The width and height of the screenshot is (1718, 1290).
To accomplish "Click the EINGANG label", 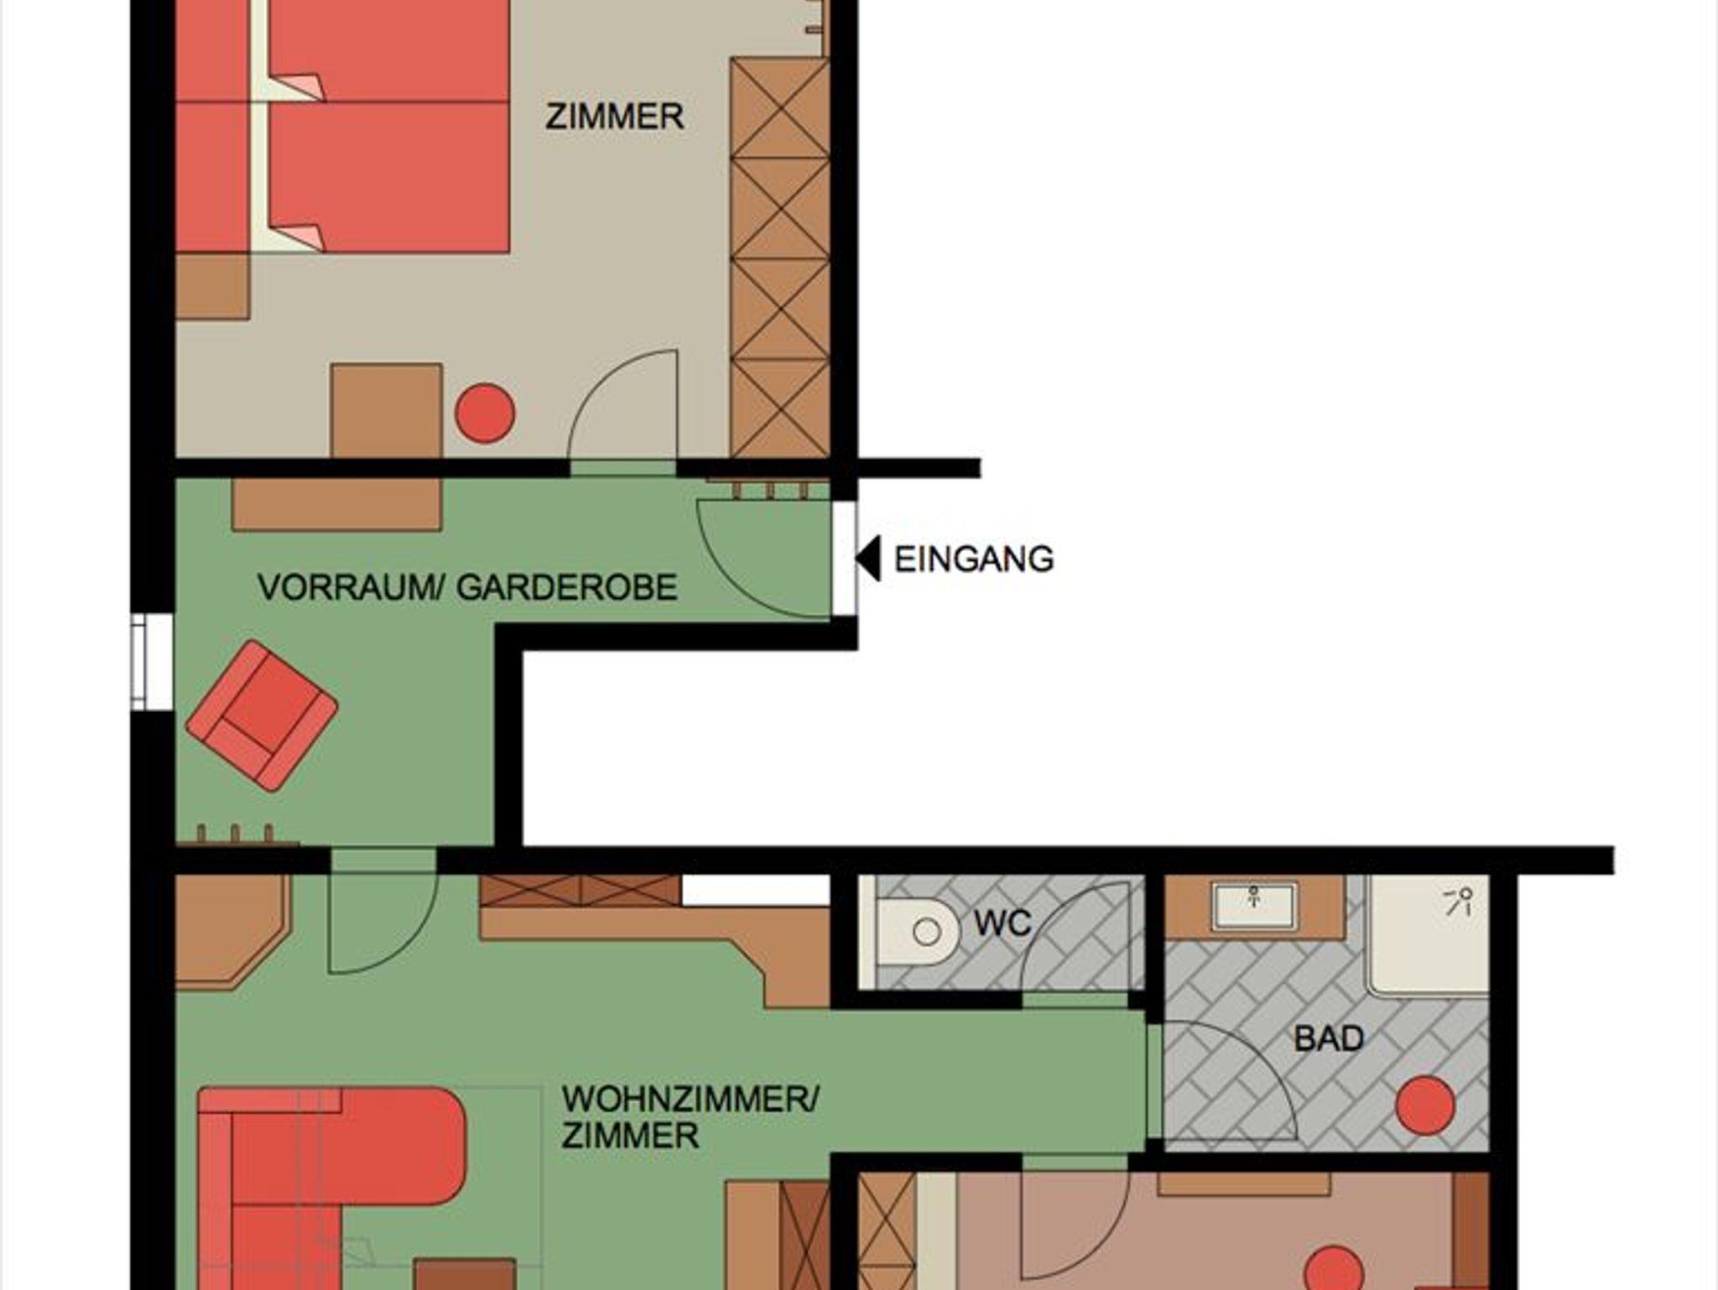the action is [974, 559].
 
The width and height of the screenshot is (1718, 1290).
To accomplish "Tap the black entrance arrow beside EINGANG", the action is [867, 558].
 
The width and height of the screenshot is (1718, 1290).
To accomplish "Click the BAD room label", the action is [1329, 1038].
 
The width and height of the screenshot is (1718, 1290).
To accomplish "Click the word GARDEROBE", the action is [567, 587].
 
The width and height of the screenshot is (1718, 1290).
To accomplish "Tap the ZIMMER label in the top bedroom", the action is [614, 117].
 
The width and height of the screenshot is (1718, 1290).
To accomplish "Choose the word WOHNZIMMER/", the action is [690, 1099].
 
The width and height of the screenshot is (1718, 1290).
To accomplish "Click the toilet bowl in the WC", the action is [918, 932].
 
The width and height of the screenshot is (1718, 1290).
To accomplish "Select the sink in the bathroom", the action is [1255, 905].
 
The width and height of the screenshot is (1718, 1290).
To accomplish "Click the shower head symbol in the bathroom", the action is [1460, 902].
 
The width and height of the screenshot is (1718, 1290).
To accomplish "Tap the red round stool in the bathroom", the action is [1425, 1106].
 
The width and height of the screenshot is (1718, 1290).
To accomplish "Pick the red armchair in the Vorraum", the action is [262, 715].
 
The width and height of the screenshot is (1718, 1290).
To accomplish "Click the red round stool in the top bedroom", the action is [485, 413].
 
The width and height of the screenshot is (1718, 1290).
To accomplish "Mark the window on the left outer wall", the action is [152, 662].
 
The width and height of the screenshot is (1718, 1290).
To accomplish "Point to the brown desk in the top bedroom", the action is [386, 410].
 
